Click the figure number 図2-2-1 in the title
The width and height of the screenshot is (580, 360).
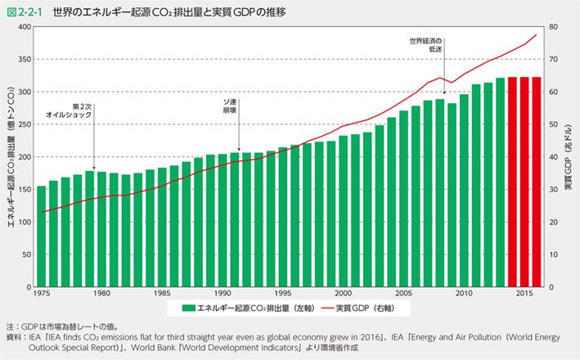pyautogui.click(x=24, y=11)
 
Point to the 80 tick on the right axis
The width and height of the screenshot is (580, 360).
pyautogui.click(x=553, y=27)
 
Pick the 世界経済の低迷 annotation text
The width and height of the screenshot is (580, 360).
pyautogui.click(x=429, y=44)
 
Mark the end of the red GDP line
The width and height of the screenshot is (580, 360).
pyautogui.click(x=536, y=35)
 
